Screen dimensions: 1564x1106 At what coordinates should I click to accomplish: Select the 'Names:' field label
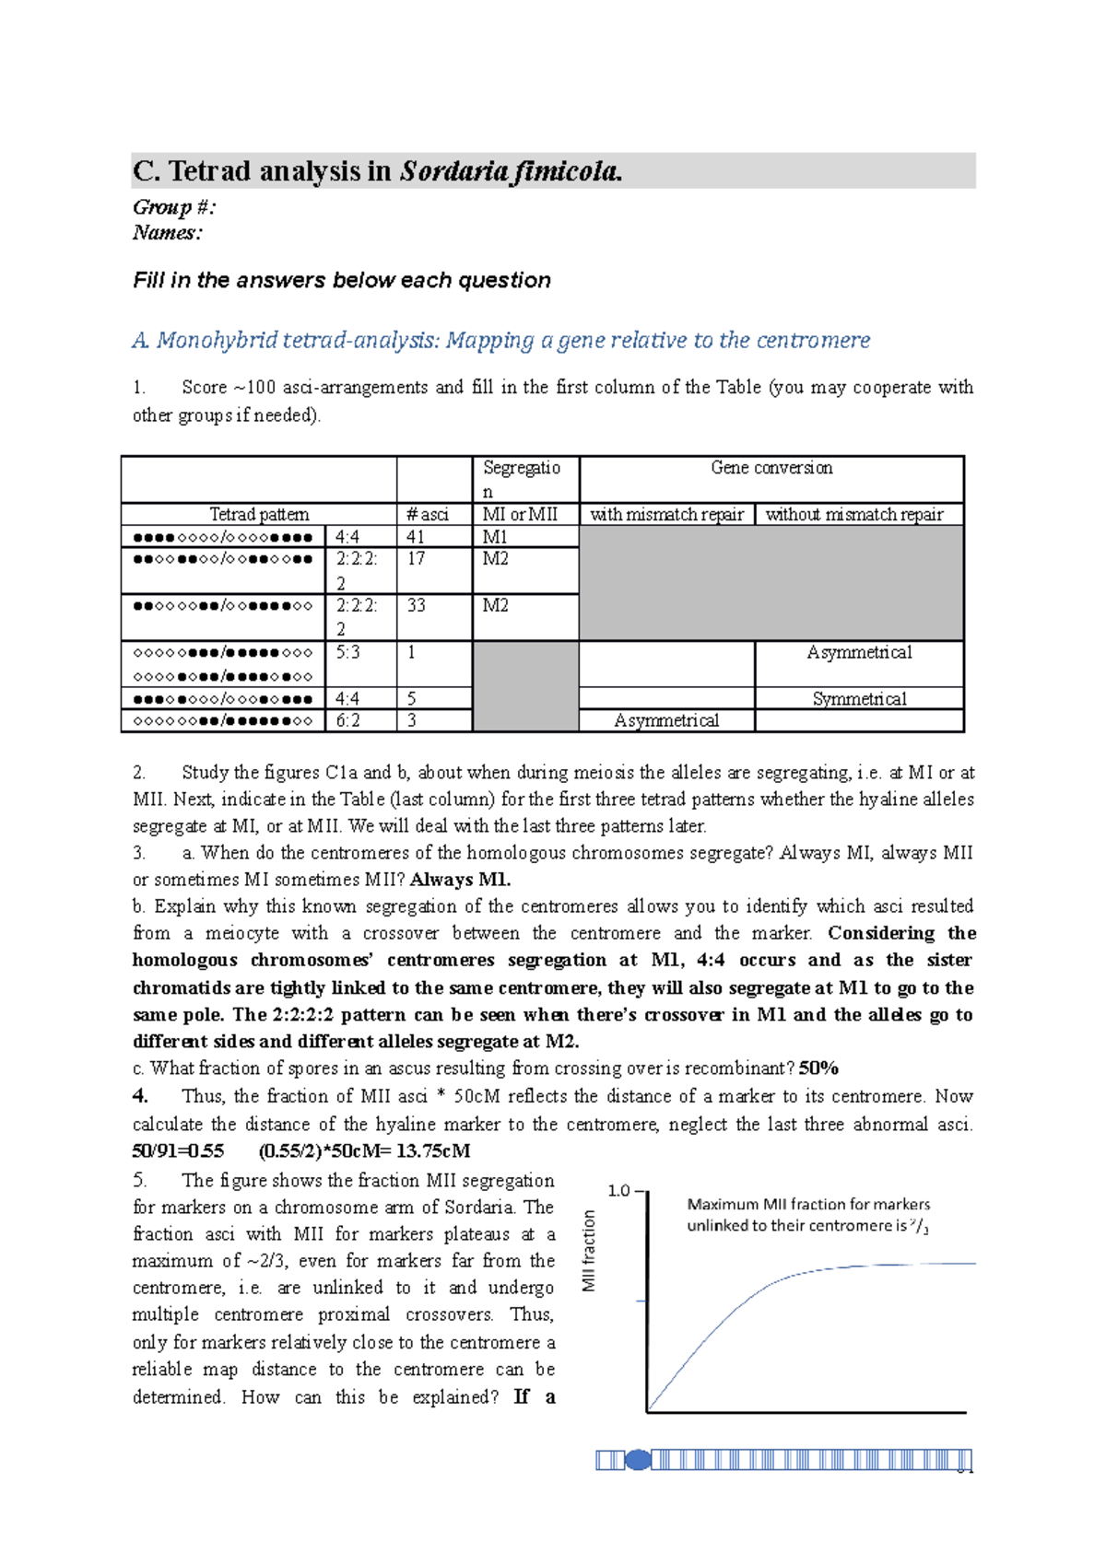tap(167, 233)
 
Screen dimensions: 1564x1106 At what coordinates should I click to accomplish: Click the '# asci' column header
tap(428, 515)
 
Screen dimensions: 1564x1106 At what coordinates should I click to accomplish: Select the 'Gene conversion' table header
tap(771, 468)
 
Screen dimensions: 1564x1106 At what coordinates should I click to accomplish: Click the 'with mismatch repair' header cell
tap(666, 515)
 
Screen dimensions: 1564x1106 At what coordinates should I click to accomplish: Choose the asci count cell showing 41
tap(416, 537)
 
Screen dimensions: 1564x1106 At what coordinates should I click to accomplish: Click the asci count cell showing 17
tap(416, 559)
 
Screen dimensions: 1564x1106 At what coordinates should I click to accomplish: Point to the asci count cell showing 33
tap(416, 606)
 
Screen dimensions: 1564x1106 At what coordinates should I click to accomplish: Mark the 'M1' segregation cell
tap(496, 537)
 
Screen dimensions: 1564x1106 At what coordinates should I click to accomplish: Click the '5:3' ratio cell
tap(348, 653)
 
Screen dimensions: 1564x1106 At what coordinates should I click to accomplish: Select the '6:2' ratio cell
tap(348, 720)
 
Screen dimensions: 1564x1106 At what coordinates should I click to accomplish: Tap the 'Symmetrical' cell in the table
tap(859, 699)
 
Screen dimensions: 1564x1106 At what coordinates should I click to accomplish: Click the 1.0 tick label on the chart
tap(618, 1191)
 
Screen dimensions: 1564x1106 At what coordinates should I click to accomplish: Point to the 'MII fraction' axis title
tap(589, 1251)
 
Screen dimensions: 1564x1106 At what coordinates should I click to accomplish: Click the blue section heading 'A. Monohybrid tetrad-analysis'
tap(500, 341)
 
